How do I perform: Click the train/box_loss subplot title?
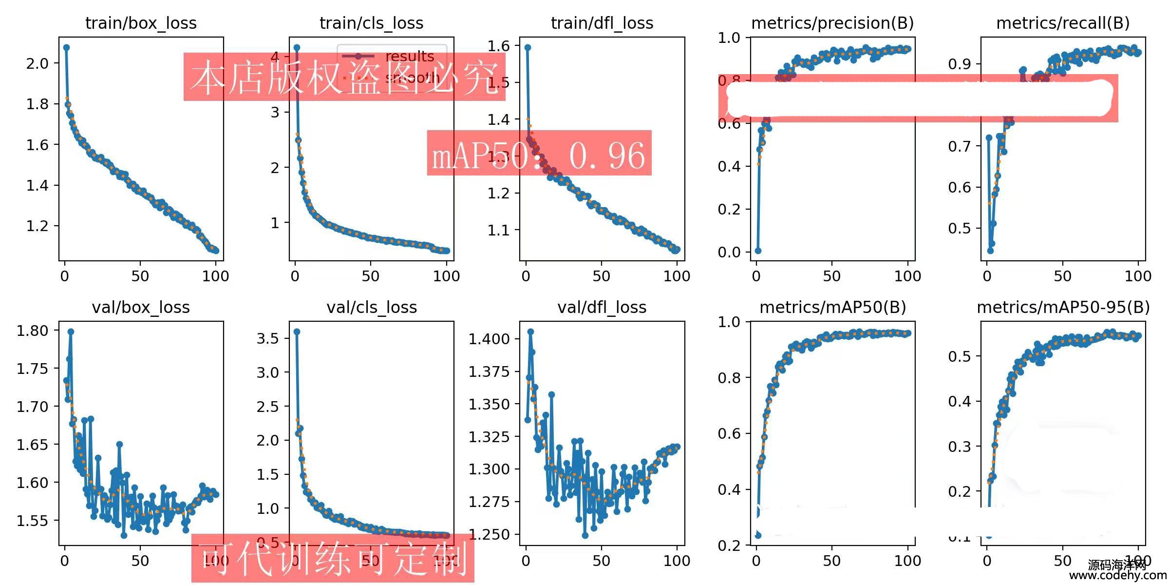point(141,23)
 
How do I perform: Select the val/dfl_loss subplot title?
point(602,307)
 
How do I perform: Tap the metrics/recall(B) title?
point(1063,23)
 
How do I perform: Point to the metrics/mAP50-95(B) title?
point(1063,307)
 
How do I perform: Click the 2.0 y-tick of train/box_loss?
point(38,63)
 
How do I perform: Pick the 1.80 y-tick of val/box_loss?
point(33,331)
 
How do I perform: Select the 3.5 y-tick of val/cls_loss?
point(267,338)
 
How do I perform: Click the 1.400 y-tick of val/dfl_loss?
point(489,339)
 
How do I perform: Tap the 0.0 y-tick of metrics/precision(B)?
point(729,252)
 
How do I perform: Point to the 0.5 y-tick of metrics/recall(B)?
point(960,228)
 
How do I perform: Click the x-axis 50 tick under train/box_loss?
point(140,276)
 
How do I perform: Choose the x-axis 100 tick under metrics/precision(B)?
point(907,276)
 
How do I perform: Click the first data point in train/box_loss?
point(66,47)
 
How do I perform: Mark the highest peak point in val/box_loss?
point(71,331)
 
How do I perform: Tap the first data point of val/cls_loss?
point(297,331)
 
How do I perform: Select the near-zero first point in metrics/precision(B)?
point(758,251)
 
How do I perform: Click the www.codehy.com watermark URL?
point(1117,576)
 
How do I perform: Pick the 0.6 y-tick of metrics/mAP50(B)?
point(729,433)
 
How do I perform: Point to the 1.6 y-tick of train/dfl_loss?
point(499,46)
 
